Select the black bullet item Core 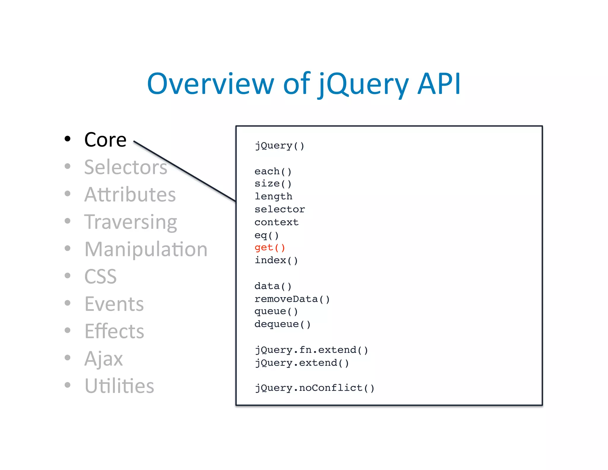[x=105, y=140]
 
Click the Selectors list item [x=126, y=167]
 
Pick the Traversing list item [x=131, y=222]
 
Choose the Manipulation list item [x=146, y=249]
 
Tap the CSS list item [x=100, y=277]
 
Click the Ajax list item [x=103, y=359]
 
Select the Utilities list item [x=119, y=386]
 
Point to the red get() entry [x=270, y=247]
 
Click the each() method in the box [x=273, y=171]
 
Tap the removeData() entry [x=292, y=299]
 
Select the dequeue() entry [x=282, y=324]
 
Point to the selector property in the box [x=279, y=209]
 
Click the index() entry [x=276, y=260]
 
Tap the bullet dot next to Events [x=68, y=303]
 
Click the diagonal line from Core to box [x=184, y=171]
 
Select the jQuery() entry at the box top [x=279, y=146]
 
